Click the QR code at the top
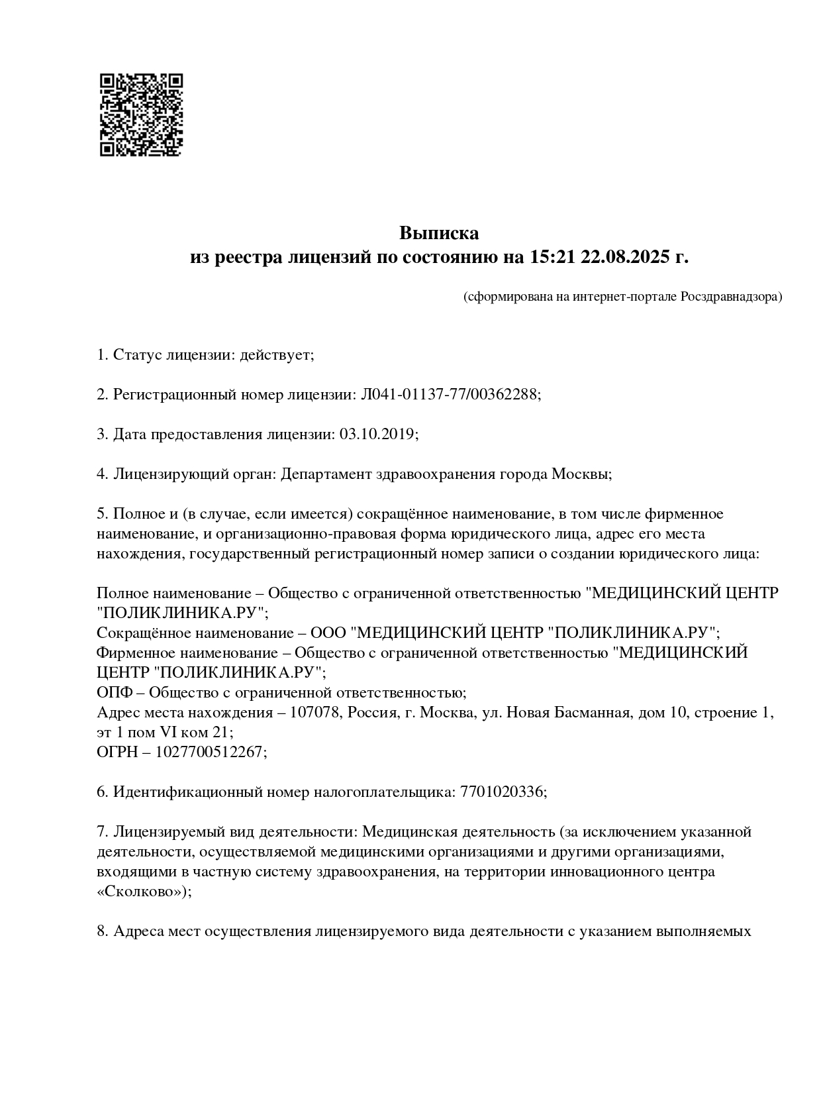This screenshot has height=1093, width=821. (141, 115)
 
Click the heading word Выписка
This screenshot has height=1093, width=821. (439, 233)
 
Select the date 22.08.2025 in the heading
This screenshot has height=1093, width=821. (624, 257)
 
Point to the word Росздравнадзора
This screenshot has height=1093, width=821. (731, 297)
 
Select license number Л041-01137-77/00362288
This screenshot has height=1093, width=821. (449, 395)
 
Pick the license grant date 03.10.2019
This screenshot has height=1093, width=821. (377, 435)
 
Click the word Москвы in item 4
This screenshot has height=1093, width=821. (580, 474)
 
